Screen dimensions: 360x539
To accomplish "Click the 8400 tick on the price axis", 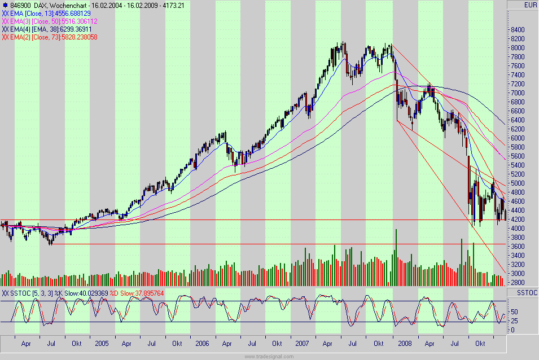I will pyautogui.click(x=518, y=30).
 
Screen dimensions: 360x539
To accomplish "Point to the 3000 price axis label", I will pyautogui.click(x=518, y=274).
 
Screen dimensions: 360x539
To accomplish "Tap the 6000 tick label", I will pyautogui.click(x=518, y=138).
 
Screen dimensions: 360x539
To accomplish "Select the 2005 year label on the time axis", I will pyautogui.click(x=102, y=343).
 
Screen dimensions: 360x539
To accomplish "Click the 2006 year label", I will pyautogui.click(x=201, y=343).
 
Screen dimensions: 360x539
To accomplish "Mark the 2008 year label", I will pyautogui.click(x=404, y=343).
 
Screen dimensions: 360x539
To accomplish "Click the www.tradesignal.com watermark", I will pyautogui.click(x=269, y=356).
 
